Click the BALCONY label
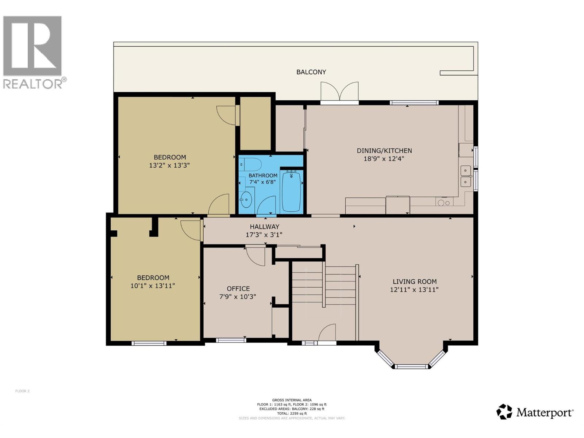tap(311, 72)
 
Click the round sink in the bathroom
tap(246, 199)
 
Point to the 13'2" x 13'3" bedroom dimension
tap(169, 165)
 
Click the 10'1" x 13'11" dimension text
tap(153, 286)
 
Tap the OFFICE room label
tap(238, 288)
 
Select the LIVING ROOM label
tap(414, 281)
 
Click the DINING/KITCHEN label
tap(384, 150)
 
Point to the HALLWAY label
tap(264, 227)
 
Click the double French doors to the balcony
tap(339, 92)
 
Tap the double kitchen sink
tap(465, 176)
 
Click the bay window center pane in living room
tap(411, 366)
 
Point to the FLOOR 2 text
tap(22, 391)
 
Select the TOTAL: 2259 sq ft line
tap(292, 414)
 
